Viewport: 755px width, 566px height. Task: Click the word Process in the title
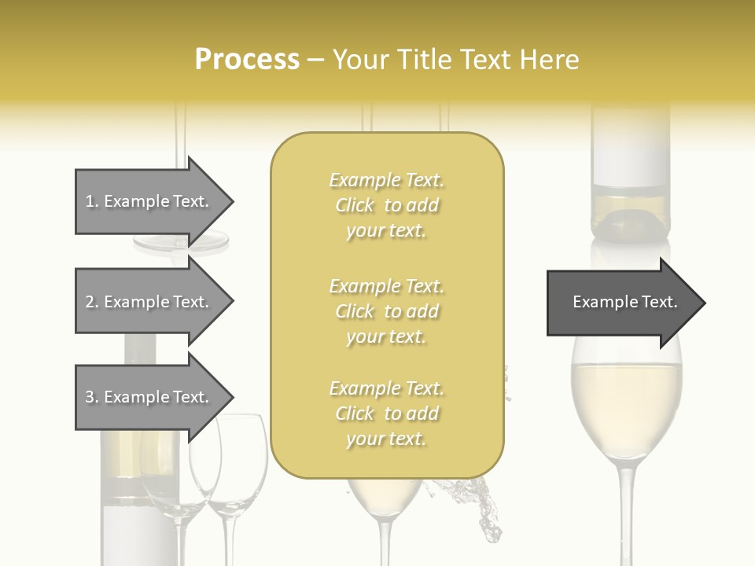click(x=247, y=60)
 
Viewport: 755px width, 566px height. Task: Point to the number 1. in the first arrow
click(x=92, y=201)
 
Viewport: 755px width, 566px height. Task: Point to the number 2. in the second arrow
click(x=92, y=302)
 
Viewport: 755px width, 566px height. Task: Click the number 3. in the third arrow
click(x=92, y=397)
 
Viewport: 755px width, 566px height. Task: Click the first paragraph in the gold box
click(x=387, y=205)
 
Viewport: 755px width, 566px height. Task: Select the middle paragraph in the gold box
click(x=387, y=311)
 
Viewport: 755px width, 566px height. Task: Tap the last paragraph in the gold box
click(x=387, y=413)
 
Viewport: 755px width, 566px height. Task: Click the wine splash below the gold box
click(x=481, y=503)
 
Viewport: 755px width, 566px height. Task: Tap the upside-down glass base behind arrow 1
click(x=181, y=244)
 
